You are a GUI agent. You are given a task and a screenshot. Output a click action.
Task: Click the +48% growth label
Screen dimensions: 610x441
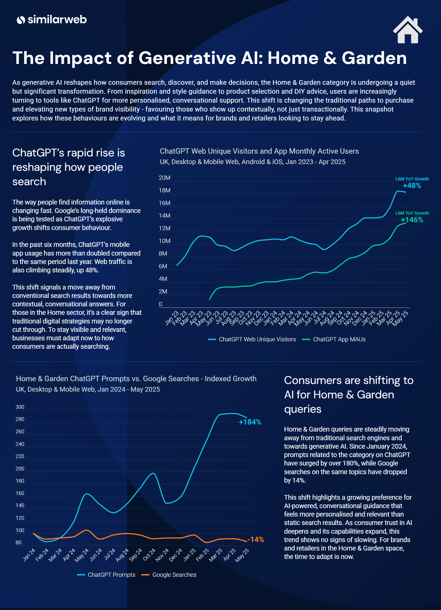[412, 186]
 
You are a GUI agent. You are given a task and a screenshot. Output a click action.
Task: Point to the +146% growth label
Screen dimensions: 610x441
[412, 220]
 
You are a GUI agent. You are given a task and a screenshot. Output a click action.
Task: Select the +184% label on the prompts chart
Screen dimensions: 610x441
[250, 422]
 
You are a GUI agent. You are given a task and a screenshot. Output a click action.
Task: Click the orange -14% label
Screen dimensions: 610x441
[256, 540]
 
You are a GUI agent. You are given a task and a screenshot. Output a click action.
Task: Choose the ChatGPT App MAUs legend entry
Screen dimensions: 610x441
[334, 339]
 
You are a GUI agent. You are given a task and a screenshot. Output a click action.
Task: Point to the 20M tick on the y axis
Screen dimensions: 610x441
[164, 178]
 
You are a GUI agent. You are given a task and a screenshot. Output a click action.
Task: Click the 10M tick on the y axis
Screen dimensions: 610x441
[164, 241]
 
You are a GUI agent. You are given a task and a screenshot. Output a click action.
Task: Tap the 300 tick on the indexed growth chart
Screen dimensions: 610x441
[20, 407]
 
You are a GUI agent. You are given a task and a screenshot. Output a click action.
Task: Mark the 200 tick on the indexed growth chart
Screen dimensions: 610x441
[20, 468]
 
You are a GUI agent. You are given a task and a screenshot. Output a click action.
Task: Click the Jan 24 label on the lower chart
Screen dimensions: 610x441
[29, 554]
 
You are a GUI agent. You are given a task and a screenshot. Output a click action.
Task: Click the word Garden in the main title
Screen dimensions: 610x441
[374, 58]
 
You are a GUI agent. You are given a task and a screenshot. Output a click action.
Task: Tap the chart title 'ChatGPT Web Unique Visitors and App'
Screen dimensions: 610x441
[259, 151]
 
